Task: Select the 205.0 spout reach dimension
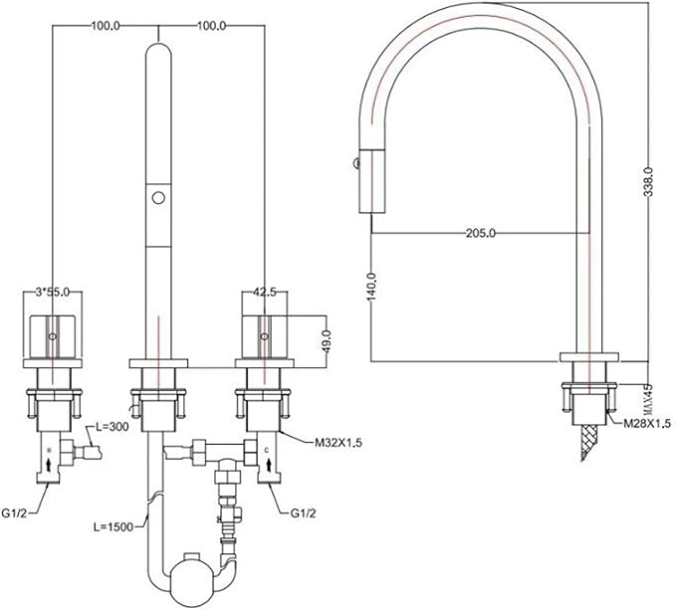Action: click(481, 233)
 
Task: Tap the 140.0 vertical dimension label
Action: click(371, 287)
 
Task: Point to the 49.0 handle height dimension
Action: click(327, 341)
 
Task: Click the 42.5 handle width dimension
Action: click(264, 293)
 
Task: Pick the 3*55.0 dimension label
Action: click(52, 293)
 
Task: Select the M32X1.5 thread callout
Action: click(338, 443)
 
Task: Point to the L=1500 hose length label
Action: click(113, 526)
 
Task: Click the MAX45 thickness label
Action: click(649, 399)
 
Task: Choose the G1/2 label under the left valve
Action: click(14, 513)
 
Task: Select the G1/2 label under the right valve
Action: click(303, 513)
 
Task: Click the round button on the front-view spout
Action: click(158, 198)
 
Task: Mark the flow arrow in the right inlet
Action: click(270, 465)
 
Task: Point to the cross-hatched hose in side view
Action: click(588, 443)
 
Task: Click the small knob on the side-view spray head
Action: click(356, 163)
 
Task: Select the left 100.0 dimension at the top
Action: click(106, 26)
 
